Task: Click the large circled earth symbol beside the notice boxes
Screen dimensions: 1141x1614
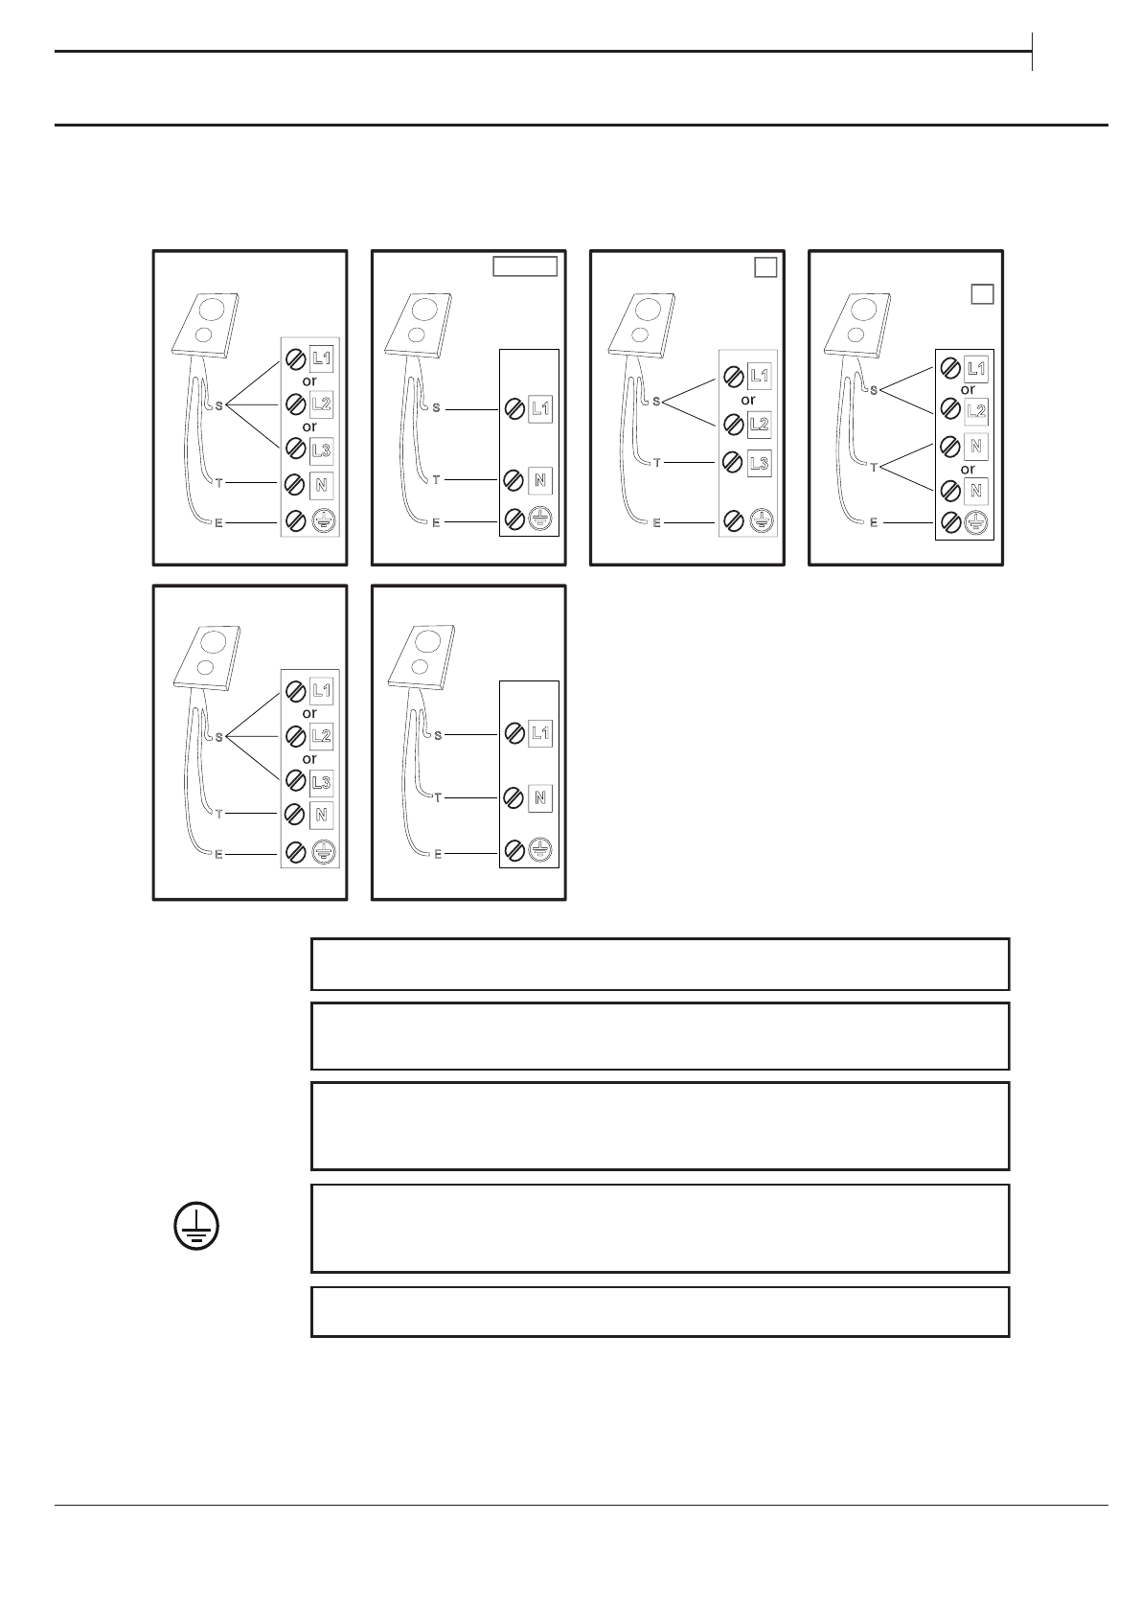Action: point(196,1226)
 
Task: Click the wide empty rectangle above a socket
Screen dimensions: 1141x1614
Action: point(525,266)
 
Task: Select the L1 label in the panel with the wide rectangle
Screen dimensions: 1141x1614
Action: point(540,409)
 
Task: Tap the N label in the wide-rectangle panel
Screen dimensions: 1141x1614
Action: point(540,480)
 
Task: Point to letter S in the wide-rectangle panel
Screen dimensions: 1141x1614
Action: point(437,408)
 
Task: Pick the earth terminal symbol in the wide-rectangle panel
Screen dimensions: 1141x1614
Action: point(540,519)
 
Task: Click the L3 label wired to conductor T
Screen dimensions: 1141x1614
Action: point(759,464)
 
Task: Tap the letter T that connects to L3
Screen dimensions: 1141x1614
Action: point(657,463)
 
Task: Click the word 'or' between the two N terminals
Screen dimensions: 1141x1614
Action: point(968,470)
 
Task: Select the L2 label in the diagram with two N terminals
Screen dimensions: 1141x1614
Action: point(975,411)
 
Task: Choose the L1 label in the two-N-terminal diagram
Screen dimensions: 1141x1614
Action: point(975,368)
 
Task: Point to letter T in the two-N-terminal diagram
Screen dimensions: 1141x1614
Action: point(874,469)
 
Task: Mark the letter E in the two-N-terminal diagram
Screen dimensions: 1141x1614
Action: point(873,522)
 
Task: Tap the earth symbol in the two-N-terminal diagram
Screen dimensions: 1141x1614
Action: point(975,523)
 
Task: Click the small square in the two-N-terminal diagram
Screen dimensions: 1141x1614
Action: point(982,293)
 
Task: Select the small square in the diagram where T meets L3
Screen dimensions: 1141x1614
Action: point(764,267)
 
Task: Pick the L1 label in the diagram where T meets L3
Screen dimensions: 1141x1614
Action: point(759,376)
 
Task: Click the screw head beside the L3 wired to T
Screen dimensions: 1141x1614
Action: point(733,464)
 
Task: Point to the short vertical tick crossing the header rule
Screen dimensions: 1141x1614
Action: point(1033,52)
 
